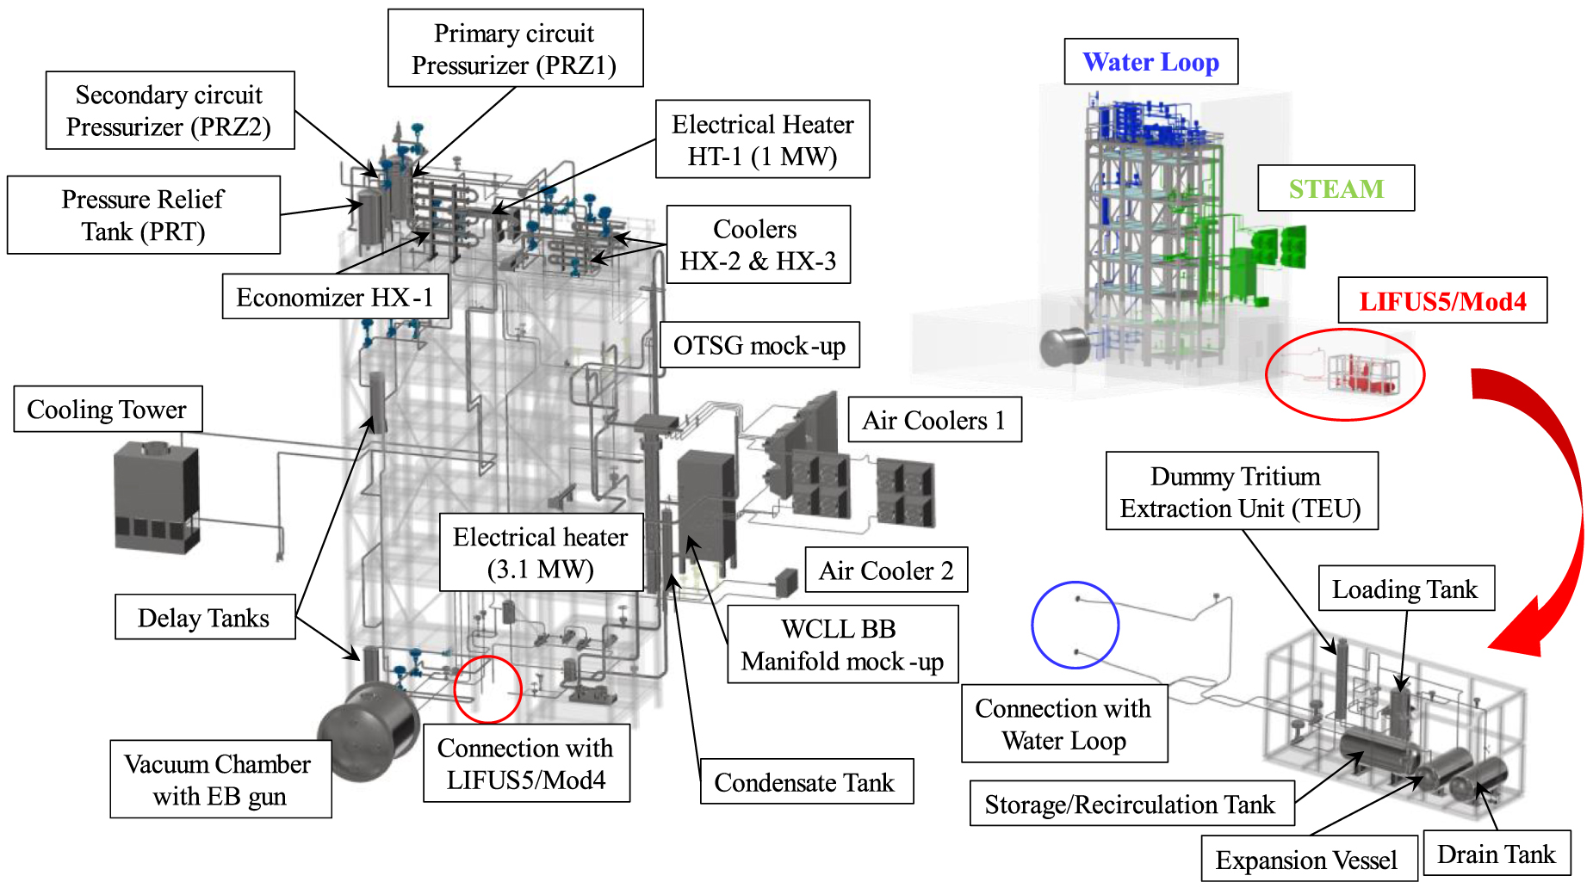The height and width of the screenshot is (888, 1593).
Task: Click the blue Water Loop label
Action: (x=1150, y=62)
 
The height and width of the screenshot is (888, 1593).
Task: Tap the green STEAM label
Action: (x=1336, y=188)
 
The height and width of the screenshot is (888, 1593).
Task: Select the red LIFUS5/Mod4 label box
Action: (x=1442, y=301)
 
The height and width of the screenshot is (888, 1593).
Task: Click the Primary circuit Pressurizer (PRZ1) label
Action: (x=515, y=49)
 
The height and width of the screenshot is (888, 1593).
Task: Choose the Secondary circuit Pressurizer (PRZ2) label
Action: (x=170, y=111)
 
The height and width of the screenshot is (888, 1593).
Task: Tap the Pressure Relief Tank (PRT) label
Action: (x=143, y=215)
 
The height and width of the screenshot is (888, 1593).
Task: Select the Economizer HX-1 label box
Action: (x=335, y=297)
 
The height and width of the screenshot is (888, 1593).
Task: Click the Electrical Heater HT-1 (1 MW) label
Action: (x=762, y=139)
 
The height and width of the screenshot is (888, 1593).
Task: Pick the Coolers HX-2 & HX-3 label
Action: (x=758, y=245)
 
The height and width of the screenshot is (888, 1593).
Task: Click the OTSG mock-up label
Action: (x=759, y=346)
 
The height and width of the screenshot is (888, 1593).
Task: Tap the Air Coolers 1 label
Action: (x=934, y=420)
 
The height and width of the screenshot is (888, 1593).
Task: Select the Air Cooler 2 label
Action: (x=886, y=570)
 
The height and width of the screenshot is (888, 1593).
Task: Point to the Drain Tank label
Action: (x=1497, y=854)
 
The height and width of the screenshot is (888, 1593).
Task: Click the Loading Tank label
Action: (x=1405, y=589)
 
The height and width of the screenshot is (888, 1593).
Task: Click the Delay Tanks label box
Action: (x=205, y=617)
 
